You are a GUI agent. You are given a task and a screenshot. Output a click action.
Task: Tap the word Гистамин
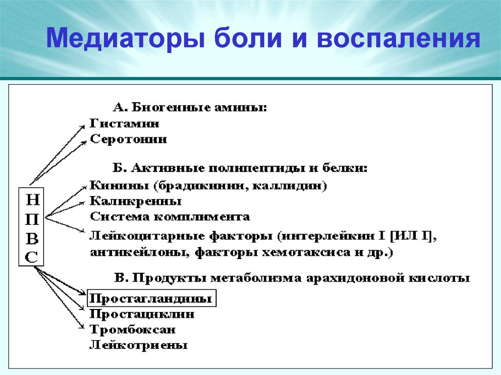point(124,123)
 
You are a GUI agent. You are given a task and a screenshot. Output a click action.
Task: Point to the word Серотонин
point(128,139)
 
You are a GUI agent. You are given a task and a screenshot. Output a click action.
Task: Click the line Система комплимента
point(169,216)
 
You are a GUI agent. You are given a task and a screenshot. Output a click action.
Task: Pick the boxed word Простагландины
point(151,298)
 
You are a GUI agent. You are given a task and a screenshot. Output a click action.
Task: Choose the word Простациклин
point(142,314)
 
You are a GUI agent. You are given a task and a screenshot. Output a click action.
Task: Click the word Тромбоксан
point(132,330)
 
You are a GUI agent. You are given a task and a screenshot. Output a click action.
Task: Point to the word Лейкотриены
point(138,345)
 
